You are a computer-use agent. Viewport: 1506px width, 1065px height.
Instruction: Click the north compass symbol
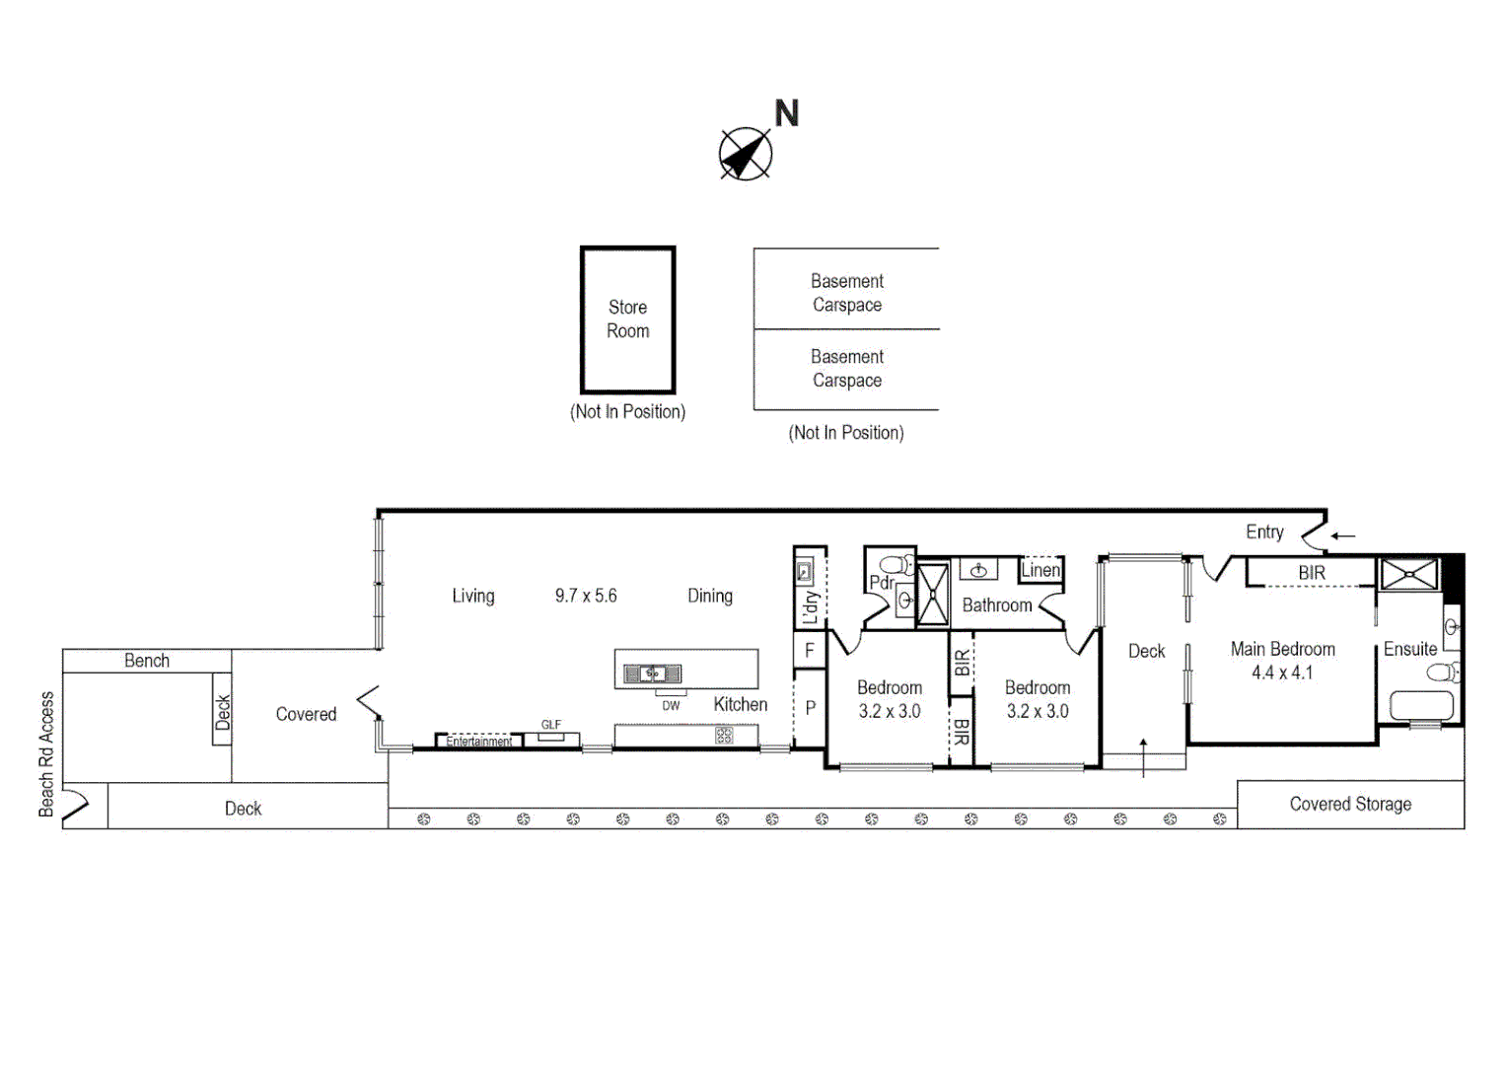pyautogui.click(x=746, y=154)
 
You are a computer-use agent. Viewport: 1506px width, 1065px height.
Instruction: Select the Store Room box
pyautogui.click(x=627, y=319)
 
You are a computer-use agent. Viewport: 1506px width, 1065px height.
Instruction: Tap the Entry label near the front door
pyautogui.click(x=1263, y=532)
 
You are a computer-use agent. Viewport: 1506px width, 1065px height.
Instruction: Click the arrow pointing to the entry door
pyautogui.click(x=1343, y=536)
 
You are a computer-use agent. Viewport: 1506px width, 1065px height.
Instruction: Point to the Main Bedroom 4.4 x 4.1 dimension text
pyautogui.click(x=1281, y=673)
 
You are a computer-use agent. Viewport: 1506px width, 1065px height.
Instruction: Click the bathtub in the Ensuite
pyautogui.click(x=1421, y=706)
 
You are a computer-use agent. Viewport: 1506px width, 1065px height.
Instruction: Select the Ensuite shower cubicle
pyautogui.click(x=1408, y=574)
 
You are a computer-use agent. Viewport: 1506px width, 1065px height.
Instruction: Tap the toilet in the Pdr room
pyautogui.click(x=897, y=566)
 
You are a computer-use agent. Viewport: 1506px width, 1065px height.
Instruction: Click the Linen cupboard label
pyautogui.click(x=1040, y=570)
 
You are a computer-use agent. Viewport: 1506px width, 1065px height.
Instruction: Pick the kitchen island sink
pyautogui.click(x=652, y=674)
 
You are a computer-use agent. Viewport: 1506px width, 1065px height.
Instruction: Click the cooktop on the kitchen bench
pyautogui.click(x=724, y=736)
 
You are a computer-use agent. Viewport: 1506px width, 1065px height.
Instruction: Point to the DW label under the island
pyautogui.click(x=671, y=706)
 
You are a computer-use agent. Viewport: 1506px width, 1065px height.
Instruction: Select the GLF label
pyautogui.click(x=550, y=725)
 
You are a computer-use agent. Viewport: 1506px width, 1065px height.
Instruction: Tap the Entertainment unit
pyautogui.click(x=478, y=742)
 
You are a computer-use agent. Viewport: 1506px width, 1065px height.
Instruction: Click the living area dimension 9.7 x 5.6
pyautogui.click(x=585, y=596)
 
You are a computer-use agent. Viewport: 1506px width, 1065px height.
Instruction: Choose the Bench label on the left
pyautogui.click(x=147, y=661)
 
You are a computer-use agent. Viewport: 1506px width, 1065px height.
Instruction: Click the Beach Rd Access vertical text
pyautogui.click(x=46, y=754)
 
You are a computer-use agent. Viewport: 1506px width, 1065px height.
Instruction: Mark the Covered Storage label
pyautogui.click(x=1349, y=805)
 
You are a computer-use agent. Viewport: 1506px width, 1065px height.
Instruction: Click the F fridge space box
pyautogui.click(x=809, y=651)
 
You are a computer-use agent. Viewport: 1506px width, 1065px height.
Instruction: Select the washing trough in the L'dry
pyautogui.click(x=805, y=572)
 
